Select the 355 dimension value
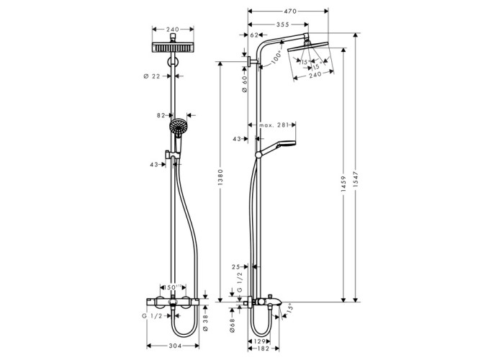(282, 24)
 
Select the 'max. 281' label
(274, 125)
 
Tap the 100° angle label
(277, 58)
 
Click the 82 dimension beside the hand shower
(161, 114)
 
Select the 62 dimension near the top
(254, 35)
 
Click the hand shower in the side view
(276, 148)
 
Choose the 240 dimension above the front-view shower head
(173, 30)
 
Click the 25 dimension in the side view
(236, 267)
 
